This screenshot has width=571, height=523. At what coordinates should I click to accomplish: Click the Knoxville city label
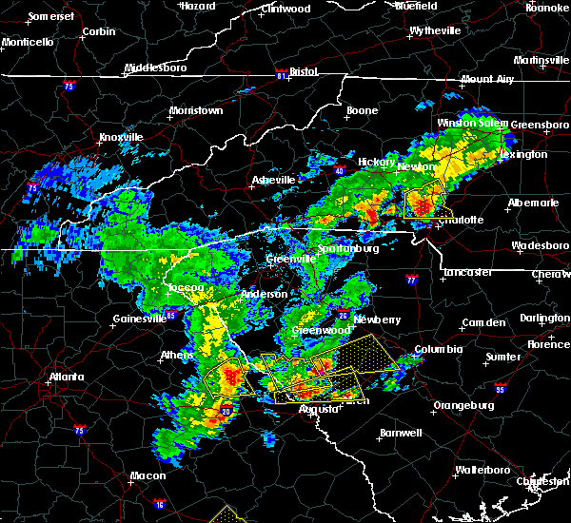point(121,137)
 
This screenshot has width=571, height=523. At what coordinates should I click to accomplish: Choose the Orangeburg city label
point(463,405)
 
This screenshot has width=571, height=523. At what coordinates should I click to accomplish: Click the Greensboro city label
point(541,125)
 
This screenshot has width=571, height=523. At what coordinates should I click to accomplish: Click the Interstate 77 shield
point(410,281)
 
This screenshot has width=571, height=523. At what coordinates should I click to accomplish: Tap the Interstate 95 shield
point(501,388)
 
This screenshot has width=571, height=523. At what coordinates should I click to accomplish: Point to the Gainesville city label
point(136,320)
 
